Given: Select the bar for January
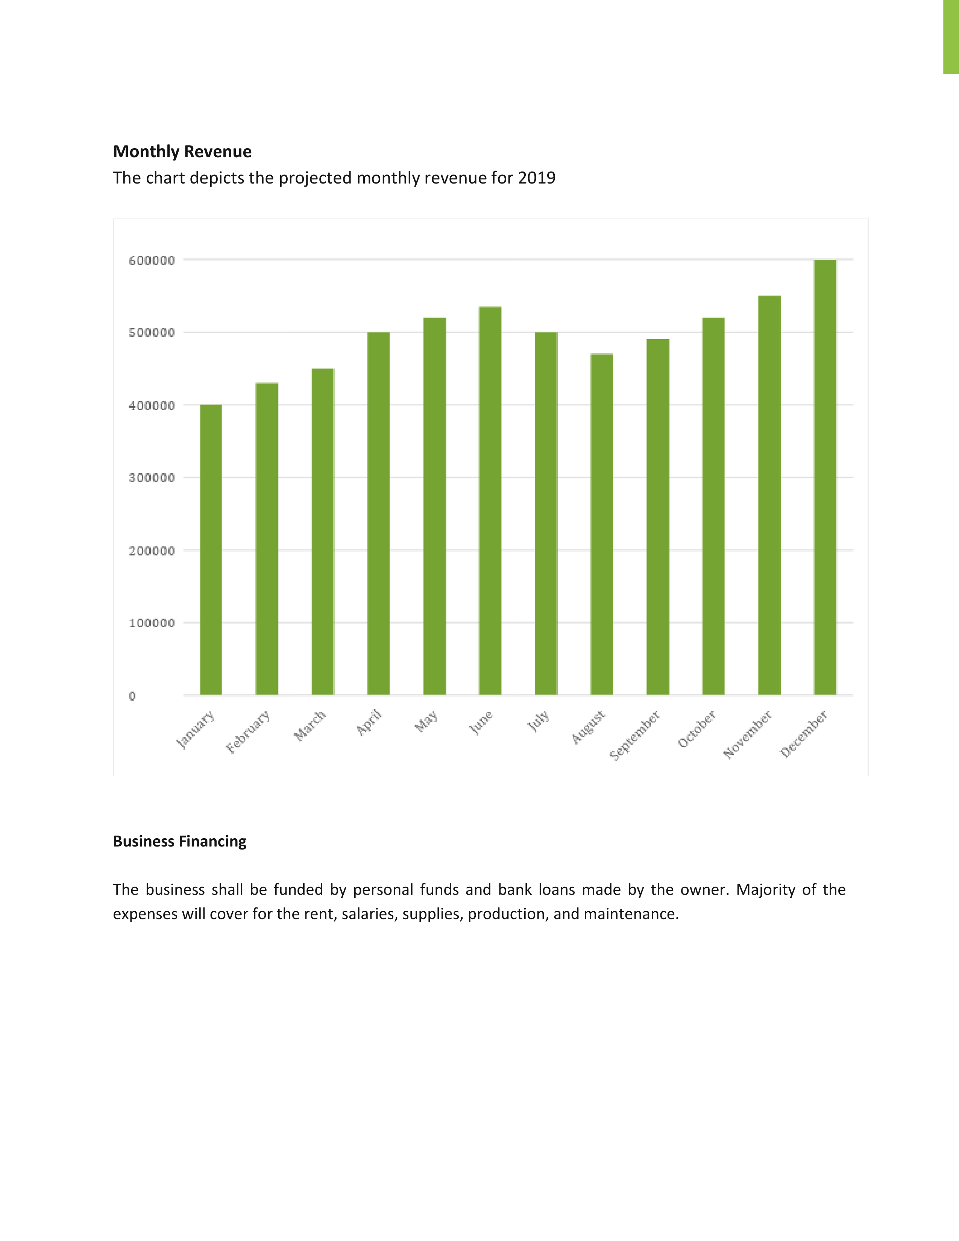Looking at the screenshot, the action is click(x=211, y=549).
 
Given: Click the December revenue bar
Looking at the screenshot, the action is click(x=825, y=477).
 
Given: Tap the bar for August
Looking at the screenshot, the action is click(x=602, y=524).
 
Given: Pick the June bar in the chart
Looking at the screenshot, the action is click(x=490, y=501).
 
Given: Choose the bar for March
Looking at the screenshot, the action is click(x=323, y=531).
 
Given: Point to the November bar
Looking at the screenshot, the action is click(x=769, y=495).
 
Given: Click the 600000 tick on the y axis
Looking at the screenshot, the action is click(x=152, y=260).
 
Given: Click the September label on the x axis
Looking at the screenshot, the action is click(x=634, y=735).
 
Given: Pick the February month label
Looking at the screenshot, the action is click(x=248, y=731).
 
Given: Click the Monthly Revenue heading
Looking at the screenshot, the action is click(x=182, y=152).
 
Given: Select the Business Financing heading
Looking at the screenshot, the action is click(x=179, y=842).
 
